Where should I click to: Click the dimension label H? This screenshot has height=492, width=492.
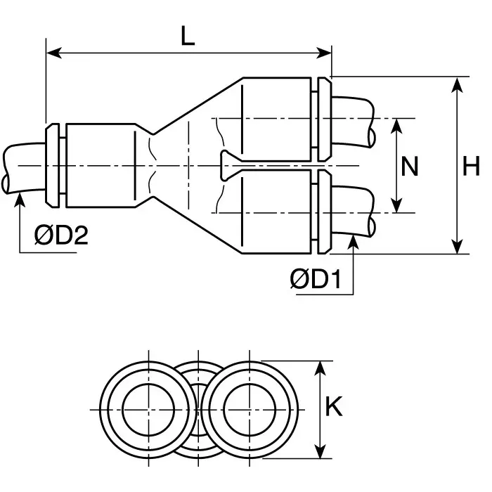point(471,167)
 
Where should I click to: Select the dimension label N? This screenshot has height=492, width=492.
point(409,167)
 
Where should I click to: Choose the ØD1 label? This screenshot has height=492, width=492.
point(316,279)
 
